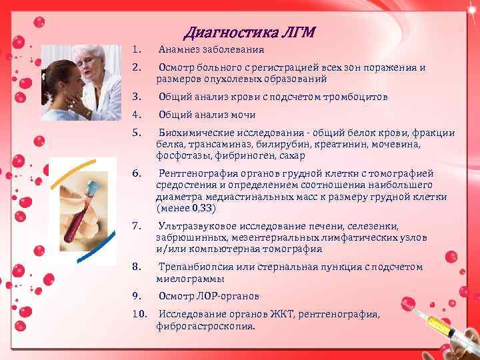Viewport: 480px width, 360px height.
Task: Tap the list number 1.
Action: pos(135,49)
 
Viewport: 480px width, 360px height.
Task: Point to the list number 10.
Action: pos(138,313)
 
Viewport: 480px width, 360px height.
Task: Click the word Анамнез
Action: pos(178,49)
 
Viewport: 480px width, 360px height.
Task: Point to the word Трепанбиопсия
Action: pos(194,267)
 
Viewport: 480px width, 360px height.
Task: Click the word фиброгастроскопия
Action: pos(205,327)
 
